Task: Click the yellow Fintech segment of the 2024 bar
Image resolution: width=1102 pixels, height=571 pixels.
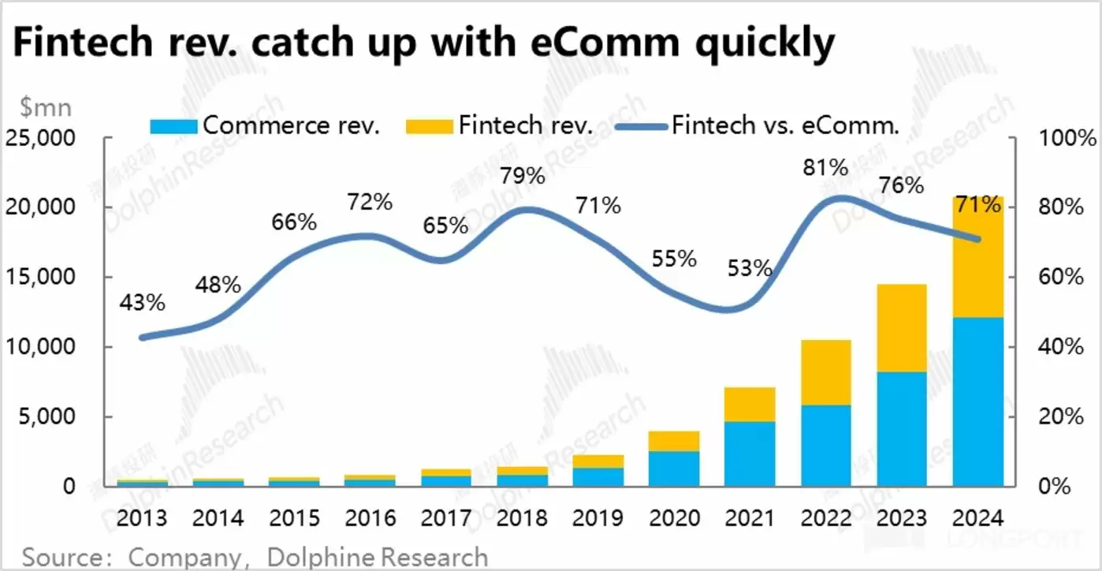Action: click(977, 257)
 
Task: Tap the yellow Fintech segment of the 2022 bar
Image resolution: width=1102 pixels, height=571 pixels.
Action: click(826, 372)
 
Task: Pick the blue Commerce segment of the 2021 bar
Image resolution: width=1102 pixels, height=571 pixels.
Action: click(750, 453)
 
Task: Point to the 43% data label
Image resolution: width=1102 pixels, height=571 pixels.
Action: click(143, 302)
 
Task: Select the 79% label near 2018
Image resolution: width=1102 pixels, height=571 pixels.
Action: click(522, 175)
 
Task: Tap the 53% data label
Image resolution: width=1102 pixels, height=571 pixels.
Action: click(750, 268)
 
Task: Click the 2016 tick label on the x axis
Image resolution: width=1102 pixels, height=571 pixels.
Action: click(370, 518)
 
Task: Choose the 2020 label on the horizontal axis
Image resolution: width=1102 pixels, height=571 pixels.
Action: click(674, 518)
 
